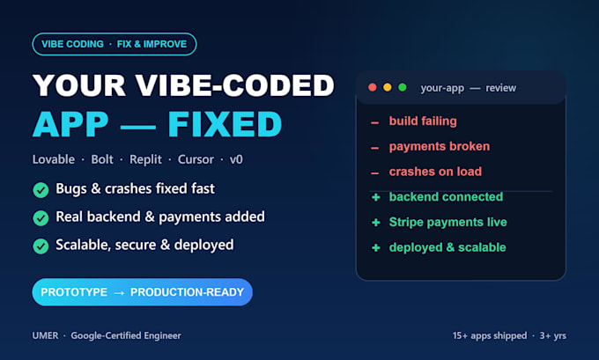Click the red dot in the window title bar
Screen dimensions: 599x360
373,87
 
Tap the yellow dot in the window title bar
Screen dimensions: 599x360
388,87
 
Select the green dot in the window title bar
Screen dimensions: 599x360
403,87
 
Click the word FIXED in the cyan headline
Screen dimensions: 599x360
225,124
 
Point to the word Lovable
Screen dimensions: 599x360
54,159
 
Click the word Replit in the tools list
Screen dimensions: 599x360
145,159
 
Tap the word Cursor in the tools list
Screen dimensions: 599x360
196,159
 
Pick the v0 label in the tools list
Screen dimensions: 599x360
236,159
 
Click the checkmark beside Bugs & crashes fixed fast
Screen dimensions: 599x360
41,190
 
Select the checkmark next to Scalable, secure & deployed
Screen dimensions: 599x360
41,246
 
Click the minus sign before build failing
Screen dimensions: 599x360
374,123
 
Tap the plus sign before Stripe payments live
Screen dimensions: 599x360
376,222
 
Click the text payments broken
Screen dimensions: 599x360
440,147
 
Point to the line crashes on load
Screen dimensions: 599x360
435,172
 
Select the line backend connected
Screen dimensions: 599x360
447,197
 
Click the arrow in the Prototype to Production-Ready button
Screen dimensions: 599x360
119,293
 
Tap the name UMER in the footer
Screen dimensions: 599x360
46,335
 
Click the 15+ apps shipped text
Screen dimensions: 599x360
490,336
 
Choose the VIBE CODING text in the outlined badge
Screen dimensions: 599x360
72,44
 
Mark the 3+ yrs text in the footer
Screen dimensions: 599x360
553,336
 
